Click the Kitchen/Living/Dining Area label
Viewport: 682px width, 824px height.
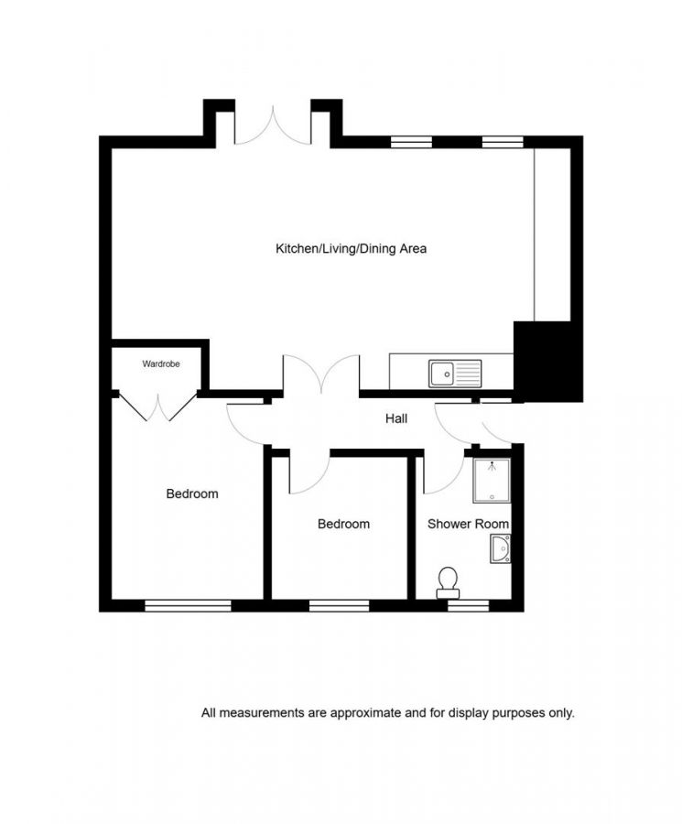point(352,248)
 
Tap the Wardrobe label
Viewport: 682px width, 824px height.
point(161,364)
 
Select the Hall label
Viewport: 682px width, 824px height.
point(396,418)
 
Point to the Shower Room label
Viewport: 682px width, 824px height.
point(469,524)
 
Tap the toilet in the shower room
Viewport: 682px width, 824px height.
point(449,580)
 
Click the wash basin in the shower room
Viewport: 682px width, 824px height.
point(501,549)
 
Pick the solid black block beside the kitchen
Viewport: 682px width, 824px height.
point(547,361)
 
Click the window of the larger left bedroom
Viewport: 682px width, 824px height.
point(188,605)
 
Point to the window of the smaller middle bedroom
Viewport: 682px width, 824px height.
point(339,605)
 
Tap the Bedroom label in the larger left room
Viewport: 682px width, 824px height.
point(192,493)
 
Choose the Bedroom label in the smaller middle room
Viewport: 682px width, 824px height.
point(343,524)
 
